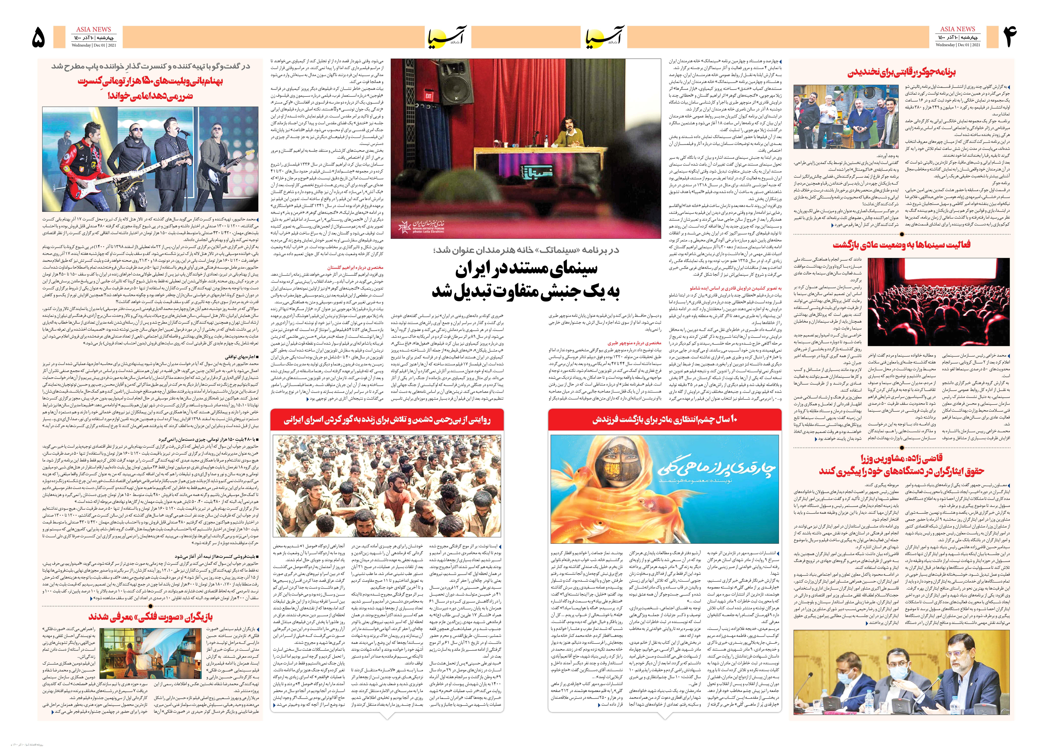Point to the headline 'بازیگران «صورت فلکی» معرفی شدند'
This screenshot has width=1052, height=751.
(x=150, y=617)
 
